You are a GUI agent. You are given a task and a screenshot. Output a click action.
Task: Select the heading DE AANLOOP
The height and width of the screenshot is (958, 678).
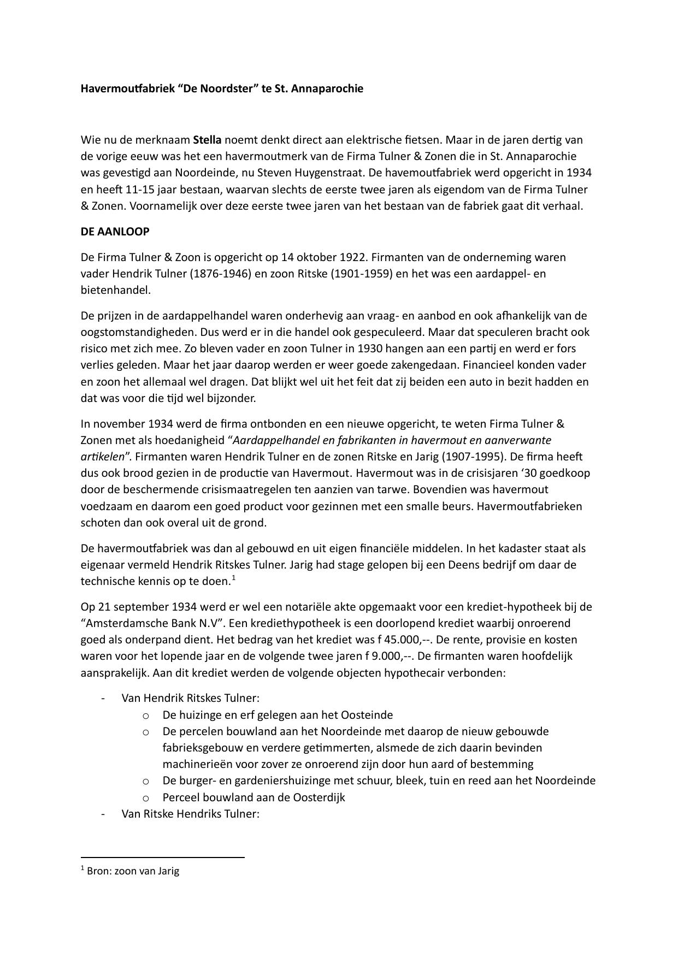coord(115,232)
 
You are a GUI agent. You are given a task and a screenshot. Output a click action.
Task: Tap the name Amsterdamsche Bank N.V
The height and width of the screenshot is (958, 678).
coord(145,623)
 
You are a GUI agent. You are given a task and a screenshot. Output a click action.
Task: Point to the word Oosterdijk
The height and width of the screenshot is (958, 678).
coord(319,797)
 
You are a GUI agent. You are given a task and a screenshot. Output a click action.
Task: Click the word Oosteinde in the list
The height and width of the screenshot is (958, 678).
coord(367,715)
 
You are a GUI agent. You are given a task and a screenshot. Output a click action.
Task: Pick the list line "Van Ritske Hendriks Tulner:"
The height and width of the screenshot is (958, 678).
coord(190,814)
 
